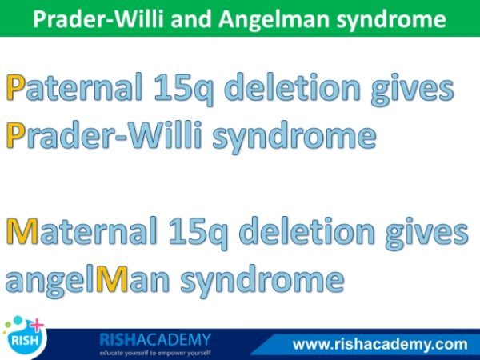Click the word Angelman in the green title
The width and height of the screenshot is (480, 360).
(x=274, y=19)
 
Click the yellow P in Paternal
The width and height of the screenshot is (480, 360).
(x=15, y=87)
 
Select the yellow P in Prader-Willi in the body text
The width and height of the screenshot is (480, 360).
(x=15, y=135)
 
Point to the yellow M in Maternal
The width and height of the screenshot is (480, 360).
(x=22, y=231)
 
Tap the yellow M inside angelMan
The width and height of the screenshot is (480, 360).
(x=112, y=279)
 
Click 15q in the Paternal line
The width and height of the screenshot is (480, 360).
(x=183, y=89)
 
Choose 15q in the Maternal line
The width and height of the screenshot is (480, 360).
(x=198, y=234)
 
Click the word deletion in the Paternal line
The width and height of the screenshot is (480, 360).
(x=294, y=87)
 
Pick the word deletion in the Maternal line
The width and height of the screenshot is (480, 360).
(x=308, y=231)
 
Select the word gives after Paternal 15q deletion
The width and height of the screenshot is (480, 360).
(x=412, y=90)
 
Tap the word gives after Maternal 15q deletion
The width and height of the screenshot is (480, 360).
(x=426, y=234)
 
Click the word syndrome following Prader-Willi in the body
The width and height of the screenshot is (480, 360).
(x=294, y=138)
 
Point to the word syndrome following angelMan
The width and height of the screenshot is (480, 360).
(x=262, y=282)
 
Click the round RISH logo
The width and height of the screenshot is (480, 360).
(x=25, y=338)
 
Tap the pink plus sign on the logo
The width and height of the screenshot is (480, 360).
(x=38, y=326)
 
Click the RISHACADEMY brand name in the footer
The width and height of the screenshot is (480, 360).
(x=155, y=339)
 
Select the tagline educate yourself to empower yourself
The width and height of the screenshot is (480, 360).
(x=155, y=353)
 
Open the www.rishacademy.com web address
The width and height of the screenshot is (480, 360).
(x=380, y=344)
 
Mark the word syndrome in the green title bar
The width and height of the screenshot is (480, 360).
(x=391, y=20)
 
